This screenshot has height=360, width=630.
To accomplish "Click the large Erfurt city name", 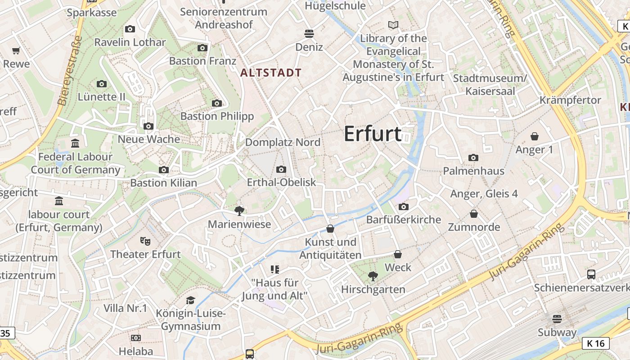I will pyautogui.click(x=373, y=134).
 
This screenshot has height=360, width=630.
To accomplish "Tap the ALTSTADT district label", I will pyautogui.click(x=271, y=72).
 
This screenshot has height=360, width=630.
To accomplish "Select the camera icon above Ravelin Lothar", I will pyautogui.click(x=130, y=29).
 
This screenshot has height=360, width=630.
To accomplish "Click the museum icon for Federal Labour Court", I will pyautogui.click(x=75, y=144).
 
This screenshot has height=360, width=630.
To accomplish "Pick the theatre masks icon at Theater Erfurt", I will pyautogui.click(x=145, y=241).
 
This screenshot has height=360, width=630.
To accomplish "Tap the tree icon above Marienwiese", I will pyautogui.click(x=239, y=210).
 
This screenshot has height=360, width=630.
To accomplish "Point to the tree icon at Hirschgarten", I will pyautogui.click(x=373, y=276).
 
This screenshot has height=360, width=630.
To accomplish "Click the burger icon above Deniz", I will pyautogui.click(x=309, y=33).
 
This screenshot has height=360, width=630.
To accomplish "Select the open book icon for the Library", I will pyautogui.click(x=393, y=25).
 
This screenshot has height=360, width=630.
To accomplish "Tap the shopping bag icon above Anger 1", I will pyautogui.click(x=535, y=136).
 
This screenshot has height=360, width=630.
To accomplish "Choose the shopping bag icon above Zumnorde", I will pyautogui.click(x=474, y=213).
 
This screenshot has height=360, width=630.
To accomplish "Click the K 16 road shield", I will pyautogui.click(x=596, y=343).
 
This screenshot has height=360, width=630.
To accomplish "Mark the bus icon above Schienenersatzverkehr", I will pyautogui.click(x=591, y=274).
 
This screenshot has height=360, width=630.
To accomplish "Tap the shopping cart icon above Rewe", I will pyautogui.click(x=16, y=51).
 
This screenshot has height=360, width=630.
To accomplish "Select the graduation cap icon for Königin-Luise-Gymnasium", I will pyautogui.click(x=191, y=300).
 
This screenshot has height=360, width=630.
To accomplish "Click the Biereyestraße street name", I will pyautogui.click(x=70, y=71).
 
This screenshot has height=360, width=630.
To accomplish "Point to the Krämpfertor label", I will pyautogui.click(x=570, y=100).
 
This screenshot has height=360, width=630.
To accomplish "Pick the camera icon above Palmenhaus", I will pyautogui.click(x=473, y=157).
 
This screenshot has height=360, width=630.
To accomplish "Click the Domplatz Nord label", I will pyautogui.click(x=283, y=142).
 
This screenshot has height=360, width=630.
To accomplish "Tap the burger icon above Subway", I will pyautogui.click(x=557, y=319).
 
